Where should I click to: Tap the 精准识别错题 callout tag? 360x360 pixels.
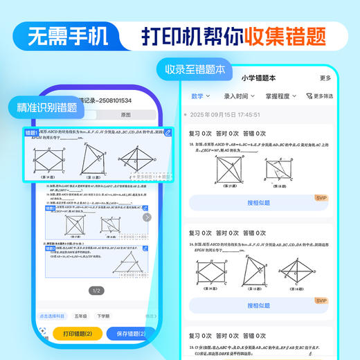point(43,107)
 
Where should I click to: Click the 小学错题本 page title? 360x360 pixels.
point(258,78)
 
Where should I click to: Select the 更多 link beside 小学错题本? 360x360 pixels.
point(325,78)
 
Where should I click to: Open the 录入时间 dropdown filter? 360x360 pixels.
point(239,96)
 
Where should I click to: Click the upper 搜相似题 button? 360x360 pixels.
point(258,203)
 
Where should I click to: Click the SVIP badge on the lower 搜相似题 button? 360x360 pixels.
point(321,300)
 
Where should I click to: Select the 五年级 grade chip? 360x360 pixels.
point(81,316)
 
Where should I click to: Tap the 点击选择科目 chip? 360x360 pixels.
point(51,316)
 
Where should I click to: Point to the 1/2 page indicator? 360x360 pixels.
point(97,291)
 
